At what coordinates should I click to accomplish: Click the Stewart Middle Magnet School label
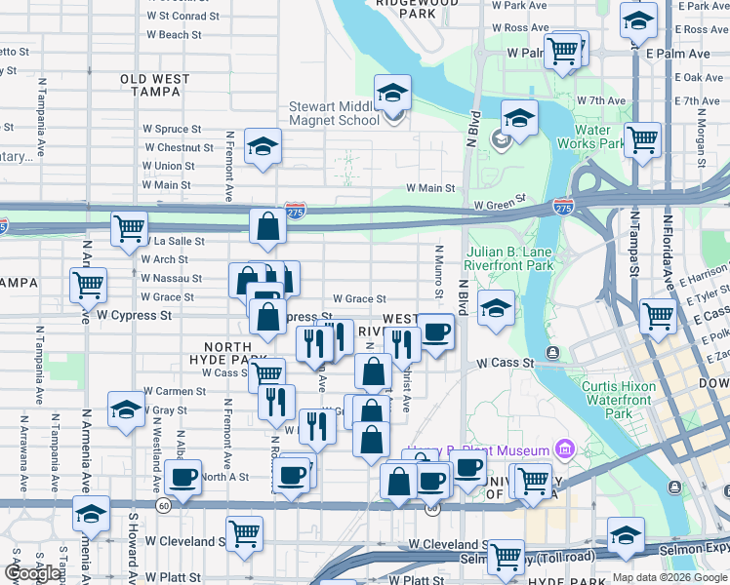coord(334,114)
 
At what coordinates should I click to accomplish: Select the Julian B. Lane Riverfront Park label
coord(509,257)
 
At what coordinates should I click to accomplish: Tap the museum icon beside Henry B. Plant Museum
coord(563,449)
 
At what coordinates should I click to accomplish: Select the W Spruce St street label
coord(172,129)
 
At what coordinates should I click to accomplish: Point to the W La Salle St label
coord(173,241)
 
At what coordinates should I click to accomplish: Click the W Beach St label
coord(173,35)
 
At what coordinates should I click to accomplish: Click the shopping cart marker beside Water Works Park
coord(643,139)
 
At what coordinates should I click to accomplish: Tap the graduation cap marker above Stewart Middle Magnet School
coord(393,94)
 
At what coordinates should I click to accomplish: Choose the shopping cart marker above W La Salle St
coord(129,229)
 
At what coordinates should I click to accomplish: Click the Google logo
coord(33,573)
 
